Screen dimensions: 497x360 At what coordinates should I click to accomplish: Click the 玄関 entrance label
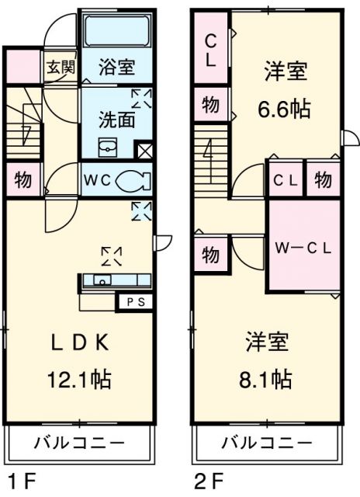pyautogui.click(x=61, y=68)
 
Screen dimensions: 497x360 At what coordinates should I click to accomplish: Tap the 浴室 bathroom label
pyautogui.click(x=116, y=68)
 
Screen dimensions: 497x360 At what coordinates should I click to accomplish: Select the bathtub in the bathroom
pyautogui.click(x=116, y=32)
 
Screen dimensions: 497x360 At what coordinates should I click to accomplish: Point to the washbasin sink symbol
pyautogui.click(x=107, y=147)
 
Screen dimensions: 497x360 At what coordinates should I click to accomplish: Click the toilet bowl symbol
pyautogui.click(x=133, y=180)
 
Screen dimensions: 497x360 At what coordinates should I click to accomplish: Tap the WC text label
pyautogui.click(x=97, y=181)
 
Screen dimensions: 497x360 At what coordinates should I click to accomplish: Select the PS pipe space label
pyautogui.click(x=134, y=301)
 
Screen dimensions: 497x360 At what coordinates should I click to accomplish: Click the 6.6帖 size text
pyautogui.click(x=284, y=109)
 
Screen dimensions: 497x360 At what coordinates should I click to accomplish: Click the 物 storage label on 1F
pyautogui.click(x=23, y=181)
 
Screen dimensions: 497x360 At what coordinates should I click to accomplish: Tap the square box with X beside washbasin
pyautogui.click(x=143, y=150)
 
